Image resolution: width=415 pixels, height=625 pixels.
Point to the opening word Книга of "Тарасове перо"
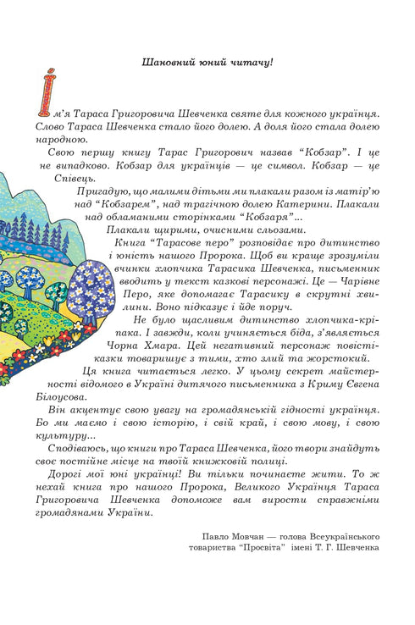click(x=128, y=242)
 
